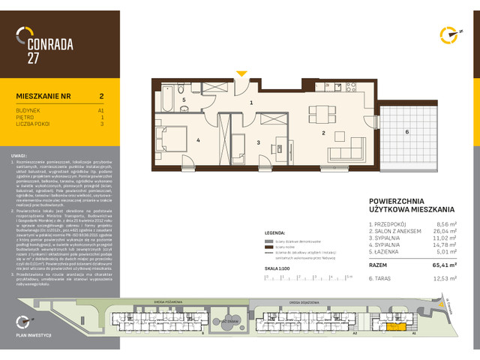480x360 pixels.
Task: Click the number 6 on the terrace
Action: [x=406, y=132]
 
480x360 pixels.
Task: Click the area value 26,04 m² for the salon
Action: [x=445, y=232]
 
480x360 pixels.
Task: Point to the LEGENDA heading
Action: [x=276, y=233]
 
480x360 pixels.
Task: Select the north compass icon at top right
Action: [x=448, y=34]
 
